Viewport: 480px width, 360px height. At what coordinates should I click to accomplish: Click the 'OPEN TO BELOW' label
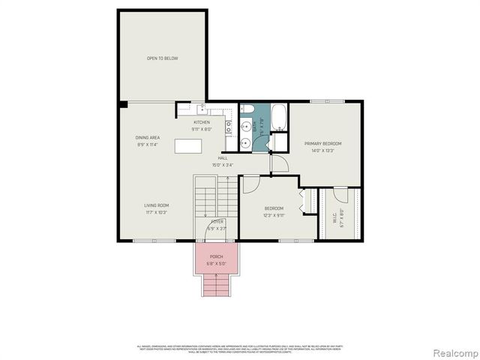pos(162,58)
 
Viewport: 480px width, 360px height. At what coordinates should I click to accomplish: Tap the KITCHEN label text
pos(202,122)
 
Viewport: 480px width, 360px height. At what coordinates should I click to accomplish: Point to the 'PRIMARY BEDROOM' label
pos(322,143)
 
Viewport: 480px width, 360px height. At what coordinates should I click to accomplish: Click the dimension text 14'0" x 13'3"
pos(322,151)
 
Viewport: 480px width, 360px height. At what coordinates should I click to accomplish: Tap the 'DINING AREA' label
pos(148,138)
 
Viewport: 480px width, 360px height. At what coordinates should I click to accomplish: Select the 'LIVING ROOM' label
pos(156,205)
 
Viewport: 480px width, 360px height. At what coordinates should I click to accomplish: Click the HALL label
pos(223,158)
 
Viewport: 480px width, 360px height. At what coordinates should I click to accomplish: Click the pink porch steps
pos(215,285)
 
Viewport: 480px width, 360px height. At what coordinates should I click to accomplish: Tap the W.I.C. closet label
pos(335,220)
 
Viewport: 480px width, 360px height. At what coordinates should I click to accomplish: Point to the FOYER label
pos(217,223)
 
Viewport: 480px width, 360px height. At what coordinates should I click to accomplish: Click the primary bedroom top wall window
pos(327,101)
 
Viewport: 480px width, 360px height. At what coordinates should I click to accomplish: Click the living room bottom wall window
pos(154,241)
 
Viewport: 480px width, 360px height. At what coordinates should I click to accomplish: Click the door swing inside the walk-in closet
pos(304,201)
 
